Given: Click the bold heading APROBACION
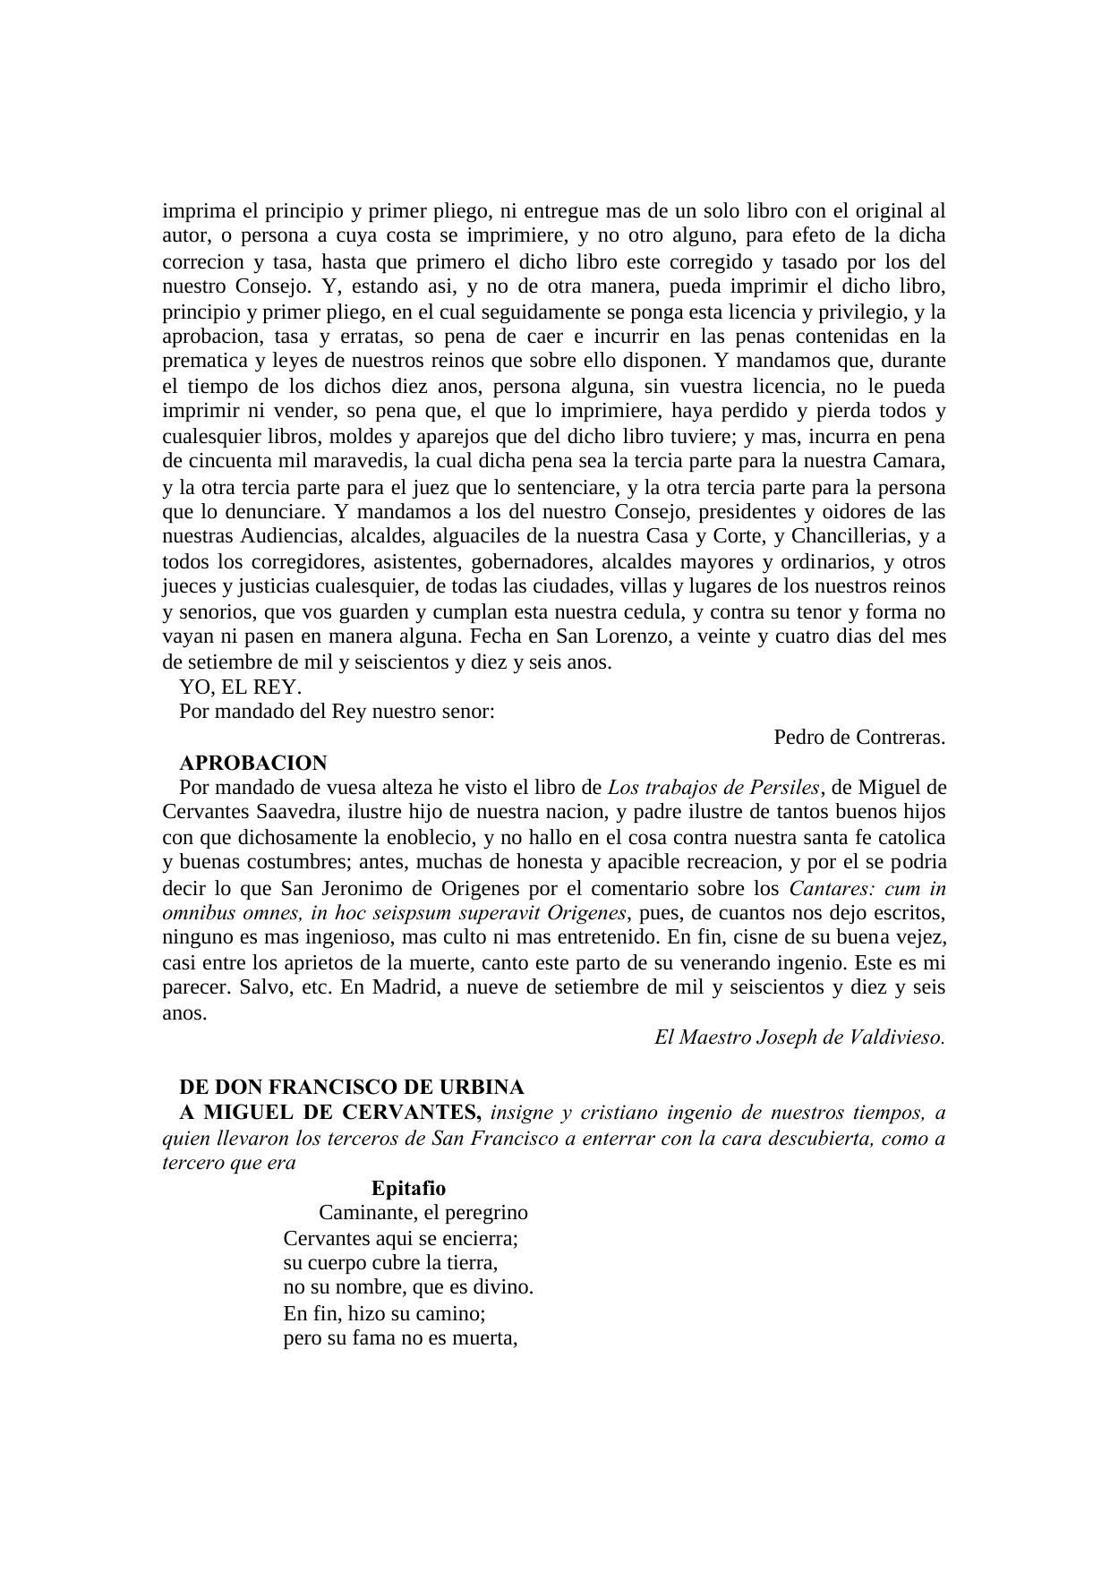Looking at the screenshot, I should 252,763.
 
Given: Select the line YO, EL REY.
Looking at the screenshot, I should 240,687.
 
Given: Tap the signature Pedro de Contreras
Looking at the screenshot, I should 859,738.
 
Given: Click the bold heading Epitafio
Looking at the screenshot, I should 408,1188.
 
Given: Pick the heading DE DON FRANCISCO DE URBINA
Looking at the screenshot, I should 351,1087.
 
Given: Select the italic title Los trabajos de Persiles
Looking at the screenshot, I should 713,788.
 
